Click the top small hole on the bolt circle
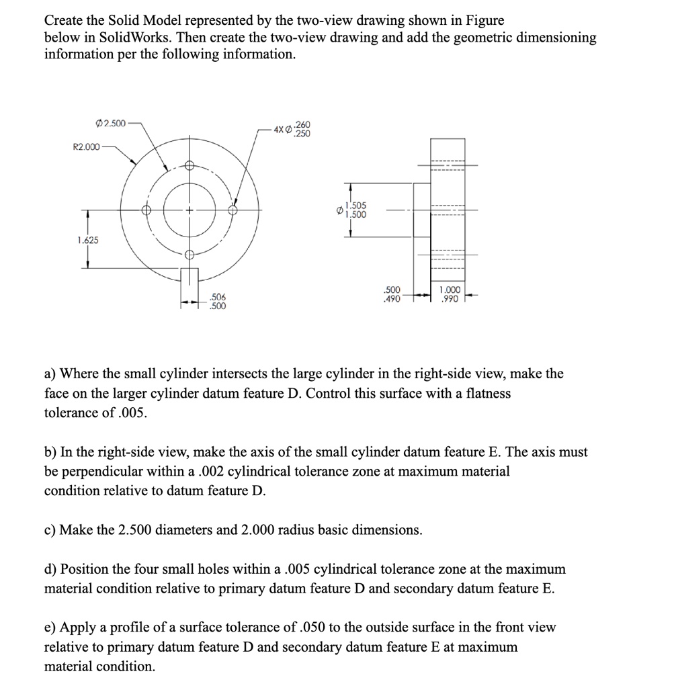pyautogui.click(x=189, y=167)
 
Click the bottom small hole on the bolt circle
pyautogui.click(x=189, y=254)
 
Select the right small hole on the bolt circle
pyautogui.click(x=233, y=210)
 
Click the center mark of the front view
pyautogui.click(x=189, y=210)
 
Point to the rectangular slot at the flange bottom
pyautogui.click(x=189, y=277)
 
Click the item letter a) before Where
pyautogui.click(x=51, y=374)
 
